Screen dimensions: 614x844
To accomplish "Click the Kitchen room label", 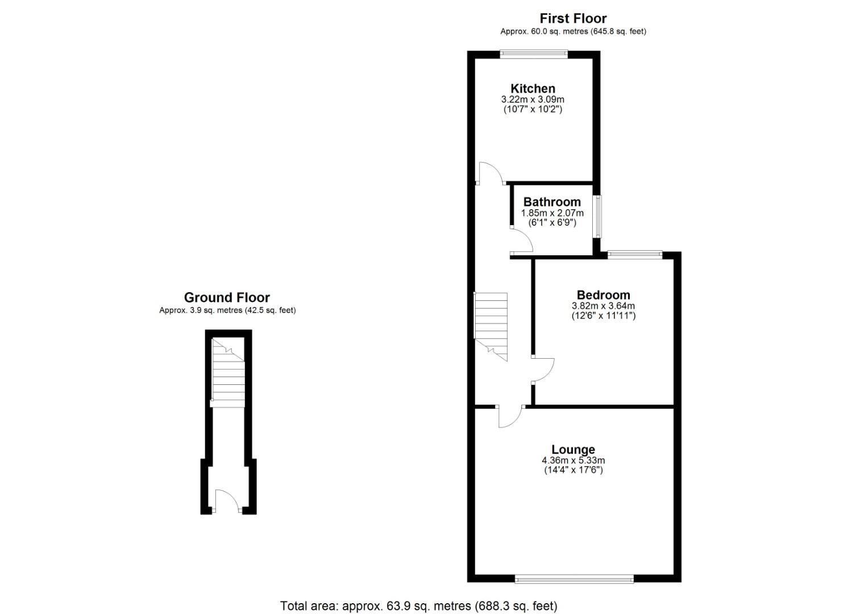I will [x=533, y=89].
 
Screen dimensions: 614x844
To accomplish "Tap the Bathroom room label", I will [x=552, y=202].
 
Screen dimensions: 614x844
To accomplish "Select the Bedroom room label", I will [x=603, y=295].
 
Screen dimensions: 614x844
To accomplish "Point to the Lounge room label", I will [x=573, y=450].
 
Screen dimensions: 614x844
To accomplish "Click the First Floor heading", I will [x=573, y=19].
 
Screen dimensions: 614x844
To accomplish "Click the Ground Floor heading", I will [x=227, y=297].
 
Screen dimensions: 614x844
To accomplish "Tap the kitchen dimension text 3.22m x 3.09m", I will [x=533, y=99].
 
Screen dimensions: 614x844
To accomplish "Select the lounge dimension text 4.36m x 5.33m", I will [x=573, y=460].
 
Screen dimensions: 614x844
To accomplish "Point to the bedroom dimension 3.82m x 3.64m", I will [x=603, y=306].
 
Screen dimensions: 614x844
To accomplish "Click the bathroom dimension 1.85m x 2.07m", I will [x=552, y=213].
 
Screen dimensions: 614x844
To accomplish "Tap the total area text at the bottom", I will [x=418, y=606].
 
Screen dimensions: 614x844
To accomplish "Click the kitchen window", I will [x=534, y=54].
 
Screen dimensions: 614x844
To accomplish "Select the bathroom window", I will [x=597, y=217].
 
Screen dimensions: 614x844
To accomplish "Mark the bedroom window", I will [x=635, y=255].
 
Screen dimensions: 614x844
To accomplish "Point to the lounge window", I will [x=574, y=579].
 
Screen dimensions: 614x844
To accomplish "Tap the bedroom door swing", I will [x=543, y=370].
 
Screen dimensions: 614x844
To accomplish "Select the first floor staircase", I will [x=490, y=324].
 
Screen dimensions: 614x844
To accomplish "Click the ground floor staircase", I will [x=227, y=372].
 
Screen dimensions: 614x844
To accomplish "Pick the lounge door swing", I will [x=510, y=417].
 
